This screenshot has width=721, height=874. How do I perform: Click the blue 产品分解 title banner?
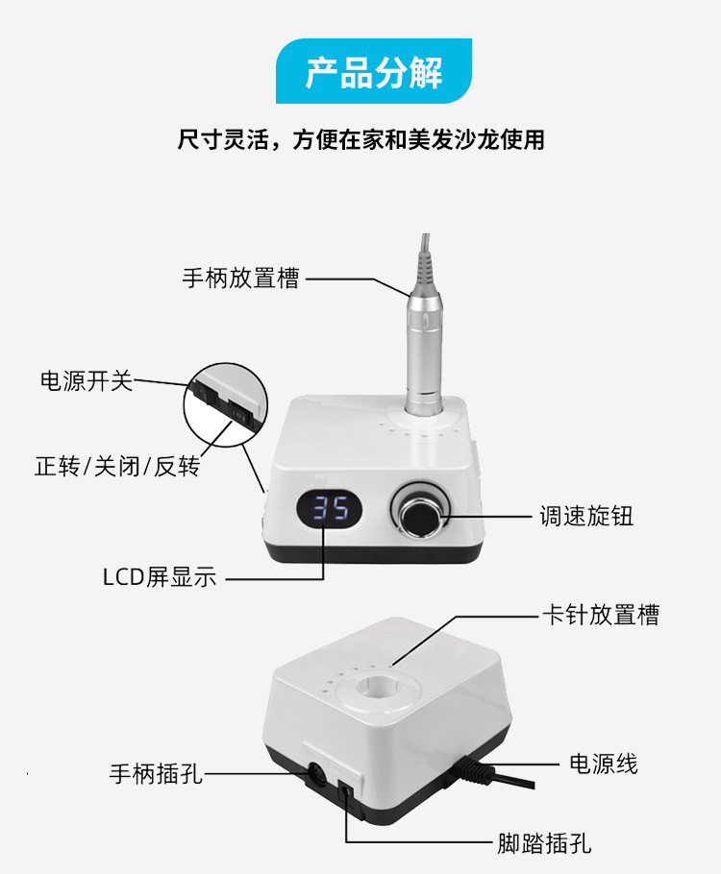(374, 72)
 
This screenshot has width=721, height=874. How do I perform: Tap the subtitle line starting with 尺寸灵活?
(360, 140)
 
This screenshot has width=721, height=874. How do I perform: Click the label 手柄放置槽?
(240, 279)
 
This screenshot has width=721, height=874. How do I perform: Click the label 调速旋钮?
(586, 516)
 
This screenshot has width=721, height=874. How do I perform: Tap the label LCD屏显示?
(160, 577)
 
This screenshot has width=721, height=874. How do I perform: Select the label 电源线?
(603, 764)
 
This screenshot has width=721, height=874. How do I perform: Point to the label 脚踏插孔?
(544, 844)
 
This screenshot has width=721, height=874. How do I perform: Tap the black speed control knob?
(419, 516)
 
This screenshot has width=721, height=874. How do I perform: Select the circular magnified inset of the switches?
(224, 404)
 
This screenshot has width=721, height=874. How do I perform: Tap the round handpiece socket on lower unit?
(312, 771)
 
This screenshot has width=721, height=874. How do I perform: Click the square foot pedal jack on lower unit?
(345, 793)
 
